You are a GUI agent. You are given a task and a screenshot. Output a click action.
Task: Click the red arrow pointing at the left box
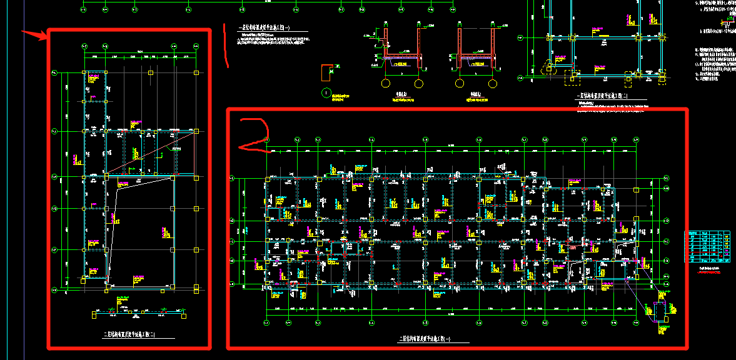click(34, 34)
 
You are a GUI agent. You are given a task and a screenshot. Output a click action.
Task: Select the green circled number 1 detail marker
click(325, 93)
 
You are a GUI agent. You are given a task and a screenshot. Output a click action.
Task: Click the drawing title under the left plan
click(130, 335)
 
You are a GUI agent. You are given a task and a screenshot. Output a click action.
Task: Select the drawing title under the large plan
click(425, 338)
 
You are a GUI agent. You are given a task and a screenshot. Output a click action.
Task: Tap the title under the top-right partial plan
click(603, 97)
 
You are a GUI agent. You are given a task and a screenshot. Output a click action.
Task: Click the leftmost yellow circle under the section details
click(386, 82)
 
